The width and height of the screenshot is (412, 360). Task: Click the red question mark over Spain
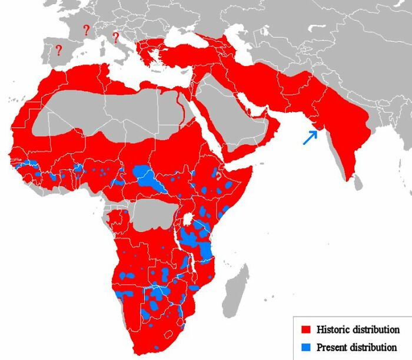tap(58, 51)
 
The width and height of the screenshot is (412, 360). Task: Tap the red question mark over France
tap(86, 29)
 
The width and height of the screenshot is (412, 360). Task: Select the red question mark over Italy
tap(115, 38)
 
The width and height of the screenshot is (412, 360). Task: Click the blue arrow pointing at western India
tap(310, 137)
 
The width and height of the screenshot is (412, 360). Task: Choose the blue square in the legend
tap(305, 346)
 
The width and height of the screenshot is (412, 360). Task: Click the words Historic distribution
tap(358, 329)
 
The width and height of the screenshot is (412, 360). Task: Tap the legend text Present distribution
tap(356, 346)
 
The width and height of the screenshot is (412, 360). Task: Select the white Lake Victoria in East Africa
tap(189, 219)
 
